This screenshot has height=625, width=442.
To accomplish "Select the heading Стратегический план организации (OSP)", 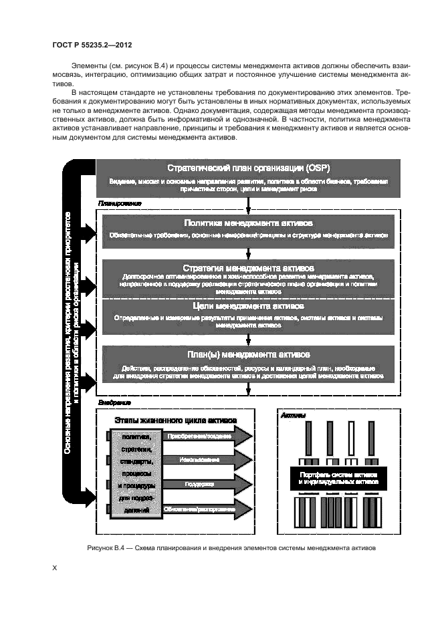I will pyautogui.click(x=247, y=168).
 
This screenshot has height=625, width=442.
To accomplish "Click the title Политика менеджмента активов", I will pyautogui.click(x=248, y=223).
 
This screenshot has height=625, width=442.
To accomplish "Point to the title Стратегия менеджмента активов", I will pyautogui.click(x=248, y=267).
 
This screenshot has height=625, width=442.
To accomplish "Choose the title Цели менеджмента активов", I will pyautogui.click(x=248, y=306).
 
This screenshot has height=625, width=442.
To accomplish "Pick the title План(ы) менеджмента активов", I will pyautogui.click(x=248, y=354).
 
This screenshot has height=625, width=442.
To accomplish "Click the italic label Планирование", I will pyautogui.click(x=120, y=203).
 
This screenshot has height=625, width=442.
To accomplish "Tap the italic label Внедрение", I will pyautogui.click(x=114, y=403).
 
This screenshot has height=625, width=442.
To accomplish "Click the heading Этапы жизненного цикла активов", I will pyautogui.click(x=175, y=421).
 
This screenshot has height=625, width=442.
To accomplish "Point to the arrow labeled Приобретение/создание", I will pyautogui.click(x=207, y=436).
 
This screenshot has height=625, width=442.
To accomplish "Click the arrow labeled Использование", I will pyautogui.click(x=207, y=460).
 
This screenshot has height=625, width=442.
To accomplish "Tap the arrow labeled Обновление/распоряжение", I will pyautogui.click(x=207, y=509).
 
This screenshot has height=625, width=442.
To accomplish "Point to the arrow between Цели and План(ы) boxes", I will pyautogui.click(x=248, y=338).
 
